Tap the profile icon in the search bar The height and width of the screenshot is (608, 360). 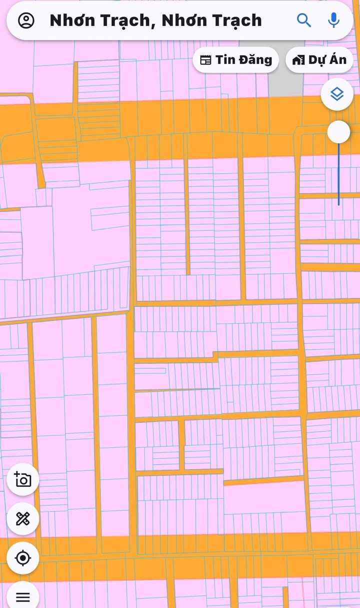(x=26, y=21)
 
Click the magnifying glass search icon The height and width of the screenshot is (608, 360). (x=304, y=20)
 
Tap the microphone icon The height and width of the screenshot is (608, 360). (x=333, y=20)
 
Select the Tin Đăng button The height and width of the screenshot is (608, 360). (x=235, y=60)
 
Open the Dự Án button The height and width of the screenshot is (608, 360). (x=319, y=60)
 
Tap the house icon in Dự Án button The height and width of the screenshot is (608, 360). (x=298, y=60)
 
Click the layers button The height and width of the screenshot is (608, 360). (x=337, y=94)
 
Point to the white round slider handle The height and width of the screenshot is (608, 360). (x=338, y=132)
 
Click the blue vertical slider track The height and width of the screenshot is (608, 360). (x=338, y=175)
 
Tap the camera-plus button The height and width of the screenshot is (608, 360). (x=23, y=480)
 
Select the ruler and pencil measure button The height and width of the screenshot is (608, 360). (x=23, y=519)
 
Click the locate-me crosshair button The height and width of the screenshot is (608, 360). (x=23, y=557)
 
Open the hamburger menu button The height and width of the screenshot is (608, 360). (x=23, y=596)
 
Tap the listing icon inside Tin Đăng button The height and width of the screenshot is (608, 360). (x=205, y=60)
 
